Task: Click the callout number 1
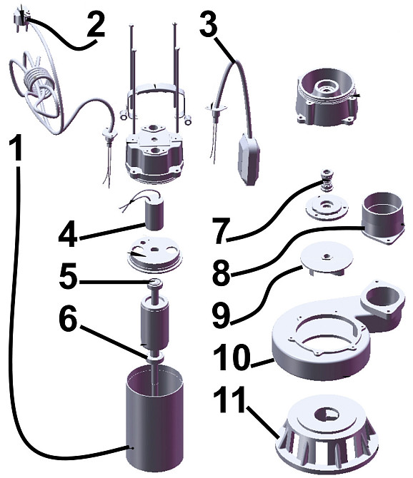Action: coord(15,148)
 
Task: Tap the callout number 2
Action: coord(96,25)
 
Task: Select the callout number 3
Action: coord(209,23)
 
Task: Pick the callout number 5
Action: coord(69,276)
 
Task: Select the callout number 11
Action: coord(229,400)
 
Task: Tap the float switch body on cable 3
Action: coord(248,158)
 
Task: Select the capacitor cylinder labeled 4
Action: coord(154,214)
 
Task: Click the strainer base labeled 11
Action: coord(327,436)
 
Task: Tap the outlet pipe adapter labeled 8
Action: coord(382,218)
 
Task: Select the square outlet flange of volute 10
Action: coord(383,300)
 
